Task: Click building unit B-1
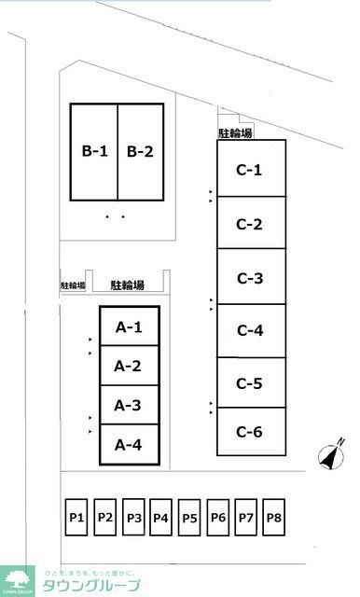94,151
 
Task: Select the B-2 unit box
140,151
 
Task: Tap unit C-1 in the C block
250,169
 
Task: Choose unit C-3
250,278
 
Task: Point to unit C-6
250,431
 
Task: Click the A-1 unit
129,326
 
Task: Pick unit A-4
129,445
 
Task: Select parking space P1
76,517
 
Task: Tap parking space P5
190,517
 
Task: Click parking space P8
274,517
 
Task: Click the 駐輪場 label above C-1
235,133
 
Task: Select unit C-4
250,330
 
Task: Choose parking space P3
133,517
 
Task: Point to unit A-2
129,366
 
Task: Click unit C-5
250,382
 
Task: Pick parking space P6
218,517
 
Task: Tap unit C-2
250,223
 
